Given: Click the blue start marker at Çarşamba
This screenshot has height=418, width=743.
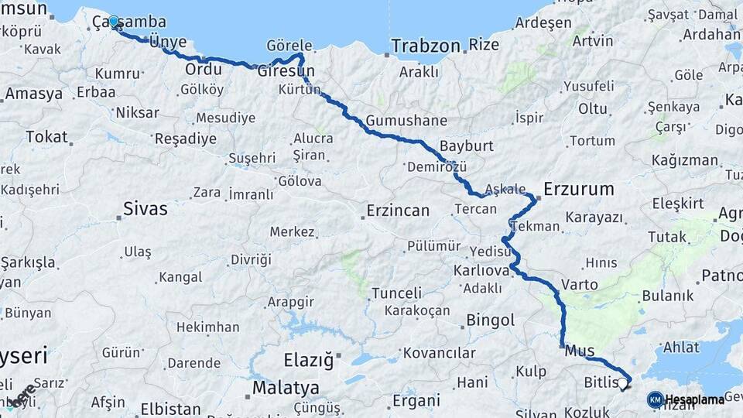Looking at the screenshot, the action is point(114,22).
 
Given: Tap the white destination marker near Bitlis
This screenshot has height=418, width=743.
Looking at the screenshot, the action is point(622,382).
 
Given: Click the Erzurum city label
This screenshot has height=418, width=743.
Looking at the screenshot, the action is point(578,188).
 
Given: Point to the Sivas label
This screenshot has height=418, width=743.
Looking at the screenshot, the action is point(145,207).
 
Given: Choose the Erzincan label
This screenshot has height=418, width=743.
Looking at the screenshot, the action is point(398,210).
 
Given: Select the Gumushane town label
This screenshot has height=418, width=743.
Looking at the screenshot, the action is point(406,120).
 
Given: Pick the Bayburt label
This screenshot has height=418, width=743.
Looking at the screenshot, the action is point(466,146).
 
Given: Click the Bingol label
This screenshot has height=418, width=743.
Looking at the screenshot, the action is point(490,320).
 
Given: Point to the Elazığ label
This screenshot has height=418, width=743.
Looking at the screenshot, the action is point(308,360).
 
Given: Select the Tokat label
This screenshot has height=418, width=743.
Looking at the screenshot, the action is point(46,137).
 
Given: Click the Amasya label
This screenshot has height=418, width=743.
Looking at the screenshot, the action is point(33,94).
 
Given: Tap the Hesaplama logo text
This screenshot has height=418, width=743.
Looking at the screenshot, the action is point(694,399).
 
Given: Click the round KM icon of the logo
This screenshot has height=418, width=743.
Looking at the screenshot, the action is point(655,399).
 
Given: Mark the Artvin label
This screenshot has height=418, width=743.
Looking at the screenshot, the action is point(593,40).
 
